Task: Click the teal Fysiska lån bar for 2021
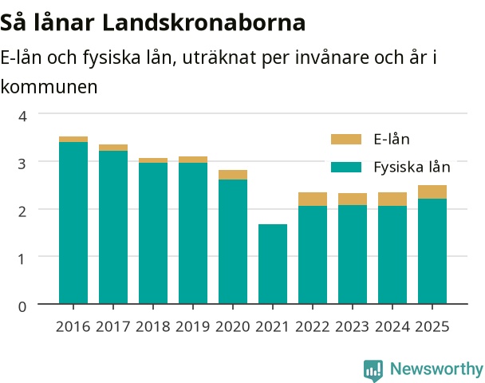(273, 263)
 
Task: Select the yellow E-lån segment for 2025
(432, 191)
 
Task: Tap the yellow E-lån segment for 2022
(313, 199)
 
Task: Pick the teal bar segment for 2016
(73, 223)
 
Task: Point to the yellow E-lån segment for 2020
(233, 175)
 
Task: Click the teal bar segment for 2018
(153, 233)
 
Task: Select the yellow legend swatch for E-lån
(346, 139)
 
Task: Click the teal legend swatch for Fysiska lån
(346, 167)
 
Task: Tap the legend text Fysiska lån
(412, 167)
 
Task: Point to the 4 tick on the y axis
(22, 116)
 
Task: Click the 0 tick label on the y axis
(22, 306)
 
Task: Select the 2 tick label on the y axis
(22, 211)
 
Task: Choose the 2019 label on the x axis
(193, 326)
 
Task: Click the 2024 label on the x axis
(392, 326)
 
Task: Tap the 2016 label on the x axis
(73, 326)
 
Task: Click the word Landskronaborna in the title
(203, 22)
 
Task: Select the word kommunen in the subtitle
(49, 87)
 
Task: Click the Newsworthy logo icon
(373, 370)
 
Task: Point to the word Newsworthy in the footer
(436, 369)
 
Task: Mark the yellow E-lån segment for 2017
(113, 148)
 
